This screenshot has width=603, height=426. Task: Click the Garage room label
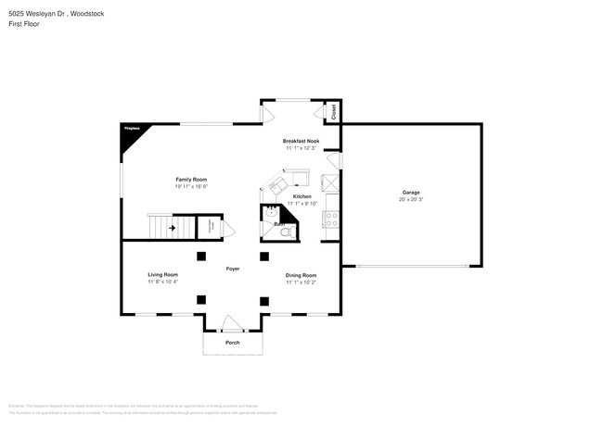click(410, 192)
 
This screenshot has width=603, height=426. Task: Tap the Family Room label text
click(191, 179)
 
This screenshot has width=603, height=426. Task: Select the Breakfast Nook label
click(301, 141)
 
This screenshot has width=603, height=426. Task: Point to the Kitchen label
click(302, 196)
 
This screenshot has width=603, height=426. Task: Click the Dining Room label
click(301, 275)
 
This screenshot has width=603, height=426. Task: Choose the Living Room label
click(162, 275)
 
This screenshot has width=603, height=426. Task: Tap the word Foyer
click(233, 269)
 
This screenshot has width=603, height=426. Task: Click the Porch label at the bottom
click(233, 343)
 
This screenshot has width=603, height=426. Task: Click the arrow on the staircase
click(172, 226)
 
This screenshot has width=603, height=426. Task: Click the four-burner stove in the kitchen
click(331, 219)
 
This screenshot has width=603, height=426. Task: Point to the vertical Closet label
click(335, 113)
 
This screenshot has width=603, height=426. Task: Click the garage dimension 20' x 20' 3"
click(410, 199)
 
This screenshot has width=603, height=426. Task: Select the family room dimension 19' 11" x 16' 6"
click(191, 186)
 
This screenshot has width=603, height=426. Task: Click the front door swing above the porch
click(233, 323)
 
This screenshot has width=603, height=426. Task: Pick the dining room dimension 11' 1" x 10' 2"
click(301, 282)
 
